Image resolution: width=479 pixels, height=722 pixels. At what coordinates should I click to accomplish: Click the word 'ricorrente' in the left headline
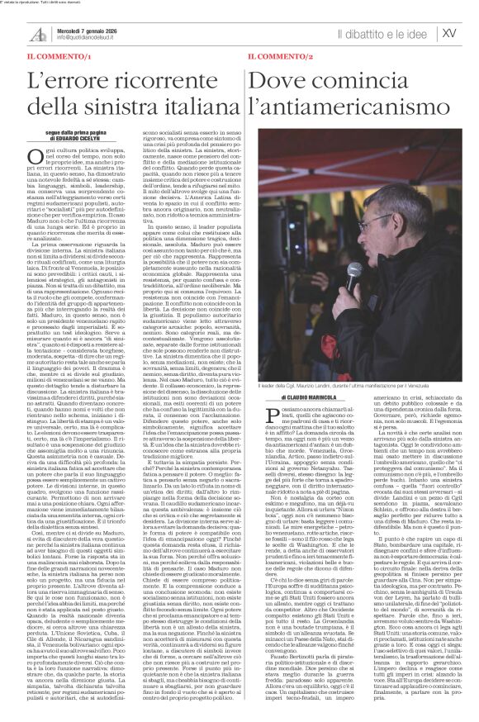click(176, 82)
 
